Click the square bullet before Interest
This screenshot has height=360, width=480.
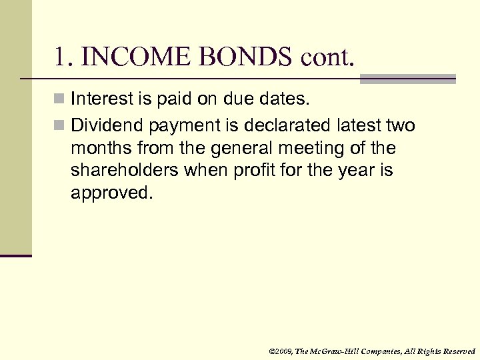pyautogui.click(x=60, y=100)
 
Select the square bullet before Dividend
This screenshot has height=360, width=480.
pyautogui.click(x=60, y=125)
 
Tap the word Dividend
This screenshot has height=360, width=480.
pyautogui.click(x=107, y=125)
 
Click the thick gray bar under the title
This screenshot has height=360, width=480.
pyautogui.click(x=407, y=79)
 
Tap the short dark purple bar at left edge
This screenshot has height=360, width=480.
pyautogui.click(x=15, y=255)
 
